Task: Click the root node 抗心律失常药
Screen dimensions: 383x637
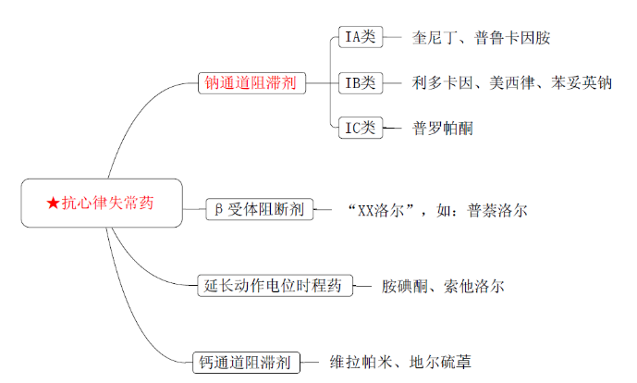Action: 102,204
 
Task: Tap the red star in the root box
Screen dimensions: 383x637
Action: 53,204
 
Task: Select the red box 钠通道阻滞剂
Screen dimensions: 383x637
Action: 250,83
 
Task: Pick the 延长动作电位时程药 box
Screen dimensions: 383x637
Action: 274,285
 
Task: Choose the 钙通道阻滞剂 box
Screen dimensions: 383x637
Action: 247,362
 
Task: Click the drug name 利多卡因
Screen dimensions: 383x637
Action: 441,83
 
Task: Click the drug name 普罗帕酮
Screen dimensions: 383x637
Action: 442,128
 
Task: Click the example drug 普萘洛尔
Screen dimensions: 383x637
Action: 497,209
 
